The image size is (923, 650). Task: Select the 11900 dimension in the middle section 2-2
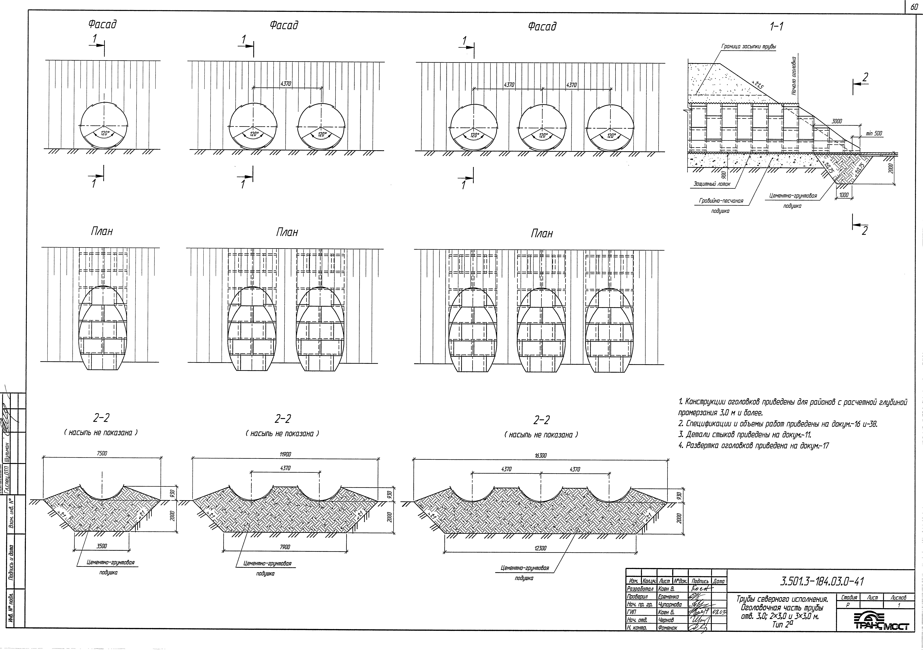285,454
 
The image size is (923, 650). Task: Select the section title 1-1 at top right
776,27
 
